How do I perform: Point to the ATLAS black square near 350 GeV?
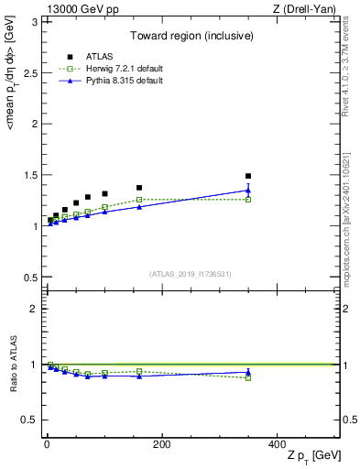pos(248,176)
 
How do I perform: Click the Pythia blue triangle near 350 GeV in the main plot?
pos(248,191)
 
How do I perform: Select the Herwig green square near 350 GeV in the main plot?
pos(248,200)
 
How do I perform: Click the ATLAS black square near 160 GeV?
pos(139,188)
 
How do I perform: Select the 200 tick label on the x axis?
pos(162,444)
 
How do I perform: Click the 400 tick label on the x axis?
pos(277,444)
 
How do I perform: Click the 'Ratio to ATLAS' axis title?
pos(12,364)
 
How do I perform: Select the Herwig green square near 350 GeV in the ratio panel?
pos(248,377)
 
